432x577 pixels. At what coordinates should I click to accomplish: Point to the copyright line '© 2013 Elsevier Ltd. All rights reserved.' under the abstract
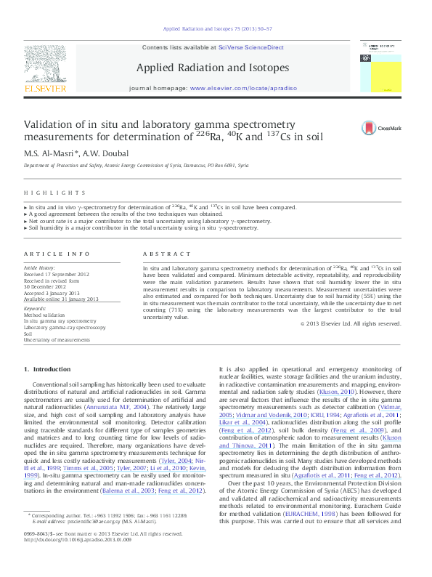point(351,323)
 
